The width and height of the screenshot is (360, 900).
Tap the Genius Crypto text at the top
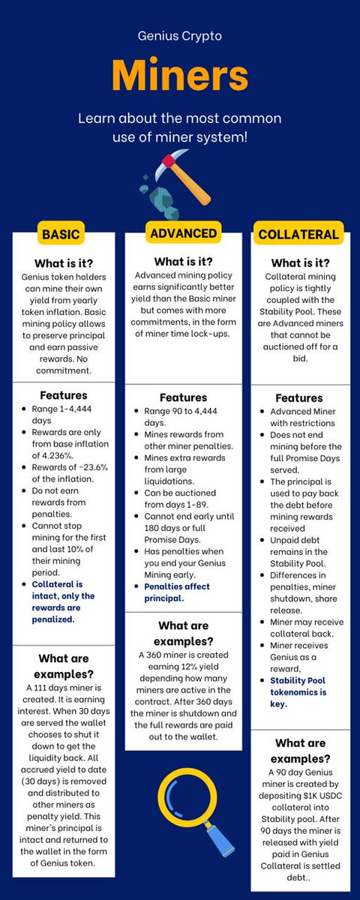click(x=180, y=35)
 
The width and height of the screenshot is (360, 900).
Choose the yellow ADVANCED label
click(x=183, y=233)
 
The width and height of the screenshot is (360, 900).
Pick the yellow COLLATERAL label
click(x=298, y=234)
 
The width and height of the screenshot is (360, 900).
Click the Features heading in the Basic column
click(x=63, y=394)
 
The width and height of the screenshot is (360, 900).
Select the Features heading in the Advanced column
click(x=183, y=397)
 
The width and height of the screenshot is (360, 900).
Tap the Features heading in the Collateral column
click(x=298, y=398)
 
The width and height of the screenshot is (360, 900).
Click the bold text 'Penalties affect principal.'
click(x=177, y=592)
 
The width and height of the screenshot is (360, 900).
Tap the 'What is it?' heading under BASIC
click(x=63, y=262)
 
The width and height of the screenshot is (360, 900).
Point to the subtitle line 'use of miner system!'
click(x=180, y=137)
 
